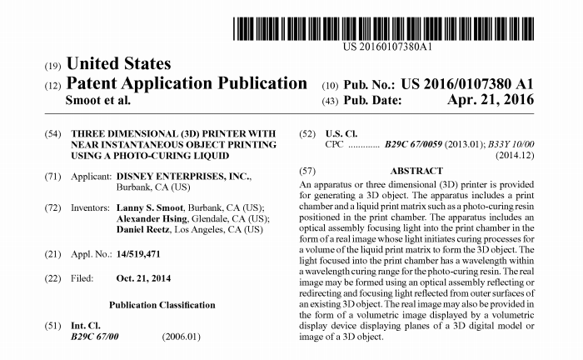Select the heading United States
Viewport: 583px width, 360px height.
click(117, 64)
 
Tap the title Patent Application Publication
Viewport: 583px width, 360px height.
click(186, 83)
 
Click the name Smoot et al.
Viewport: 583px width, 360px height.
click(97, 100)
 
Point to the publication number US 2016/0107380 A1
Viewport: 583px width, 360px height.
click(466, 85)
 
